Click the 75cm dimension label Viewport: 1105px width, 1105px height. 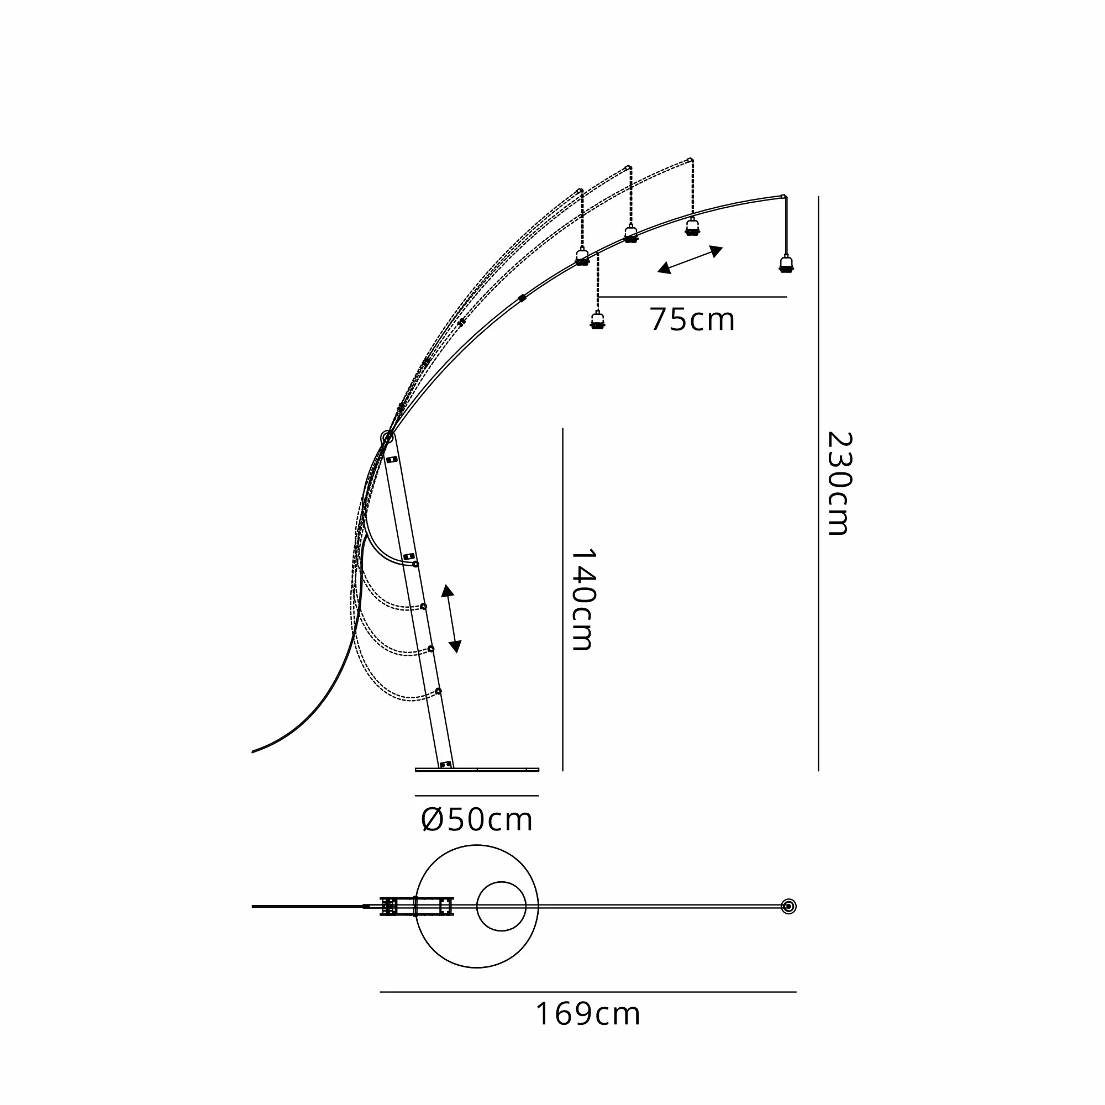(x=692, y=320)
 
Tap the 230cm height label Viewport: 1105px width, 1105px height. (x=839, y=483)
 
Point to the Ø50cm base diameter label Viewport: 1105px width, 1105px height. (x=476, y=820)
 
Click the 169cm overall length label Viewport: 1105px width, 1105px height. (x=587, y=1014)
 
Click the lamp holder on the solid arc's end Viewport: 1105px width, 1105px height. (x=786, y=264)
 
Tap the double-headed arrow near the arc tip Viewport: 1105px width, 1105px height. (x=690, y=260)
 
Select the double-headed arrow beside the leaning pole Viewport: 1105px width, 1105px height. (x=451, y=619)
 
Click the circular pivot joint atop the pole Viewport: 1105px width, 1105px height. (x=387, y=438)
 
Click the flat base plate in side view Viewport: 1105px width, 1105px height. (x=476, y=770)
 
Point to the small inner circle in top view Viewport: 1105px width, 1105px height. (x=501, y=907)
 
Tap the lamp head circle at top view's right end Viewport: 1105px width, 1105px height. (x=788, y=907)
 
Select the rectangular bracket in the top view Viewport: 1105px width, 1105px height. (x=417, y=907)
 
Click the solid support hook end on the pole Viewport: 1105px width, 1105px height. (x=416, y=564)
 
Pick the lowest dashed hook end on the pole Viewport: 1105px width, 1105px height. (x=438, y=692)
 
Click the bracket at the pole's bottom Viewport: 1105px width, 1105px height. (x=444, y=764)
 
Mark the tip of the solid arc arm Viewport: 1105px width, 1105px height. (x=783, y=197)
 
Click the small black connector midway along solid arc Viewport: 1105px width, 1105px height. (x=521, y=298)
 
